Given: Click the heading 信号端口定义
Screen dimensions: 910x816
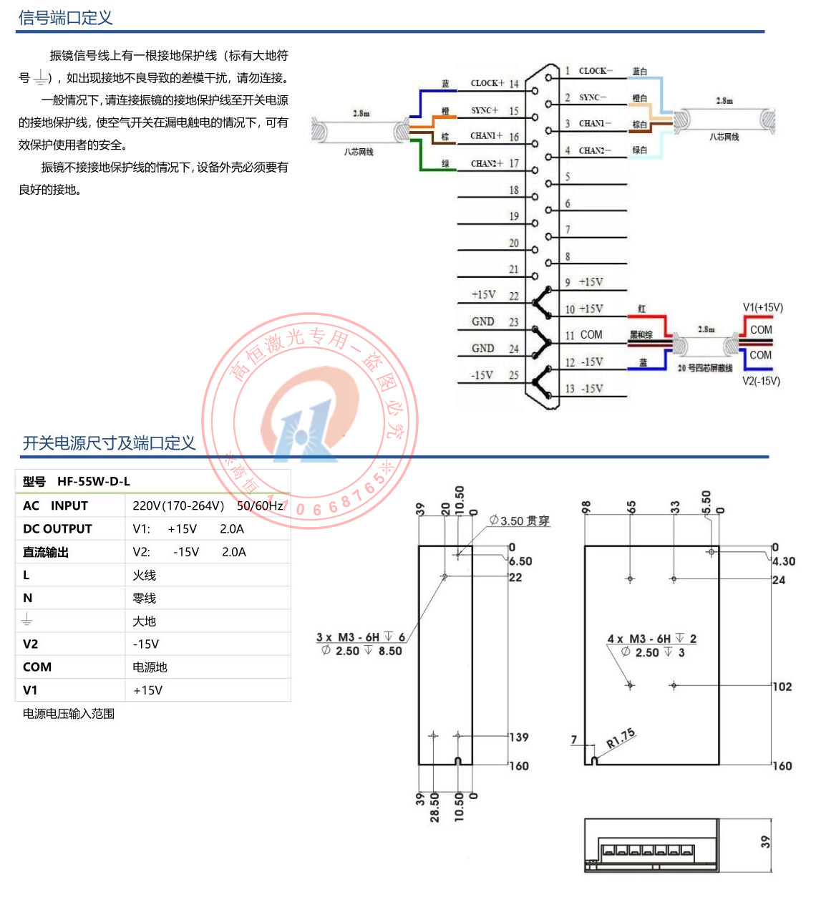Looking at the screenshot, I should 65,18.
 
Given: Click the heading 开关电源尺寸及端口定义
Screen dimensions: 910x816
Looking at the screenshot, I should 109,443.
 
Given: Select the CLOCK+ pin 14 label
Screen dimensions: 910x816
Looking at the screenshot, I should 495,83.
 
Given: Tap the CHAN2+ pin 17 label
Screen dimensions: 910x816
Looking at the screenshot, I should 495,163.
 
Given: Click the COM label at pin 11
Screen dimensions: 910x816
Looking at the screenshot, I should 591,335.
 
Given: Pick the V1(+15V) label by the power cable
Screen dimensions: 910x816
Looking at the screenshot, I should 762,308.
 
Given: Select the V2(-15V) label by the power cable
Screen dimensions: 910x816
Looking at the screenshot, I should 761,381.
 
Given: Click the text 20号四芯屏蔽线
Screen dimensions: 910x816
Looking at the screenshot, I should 704,368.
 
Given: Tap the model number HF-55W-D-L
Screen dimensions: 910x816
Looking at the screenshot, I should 94,482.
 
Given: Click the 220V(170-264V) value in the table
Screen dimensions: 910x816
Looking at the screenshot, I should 178,506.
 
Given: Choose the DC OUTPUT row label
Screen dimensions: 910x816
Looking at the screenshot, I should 57,529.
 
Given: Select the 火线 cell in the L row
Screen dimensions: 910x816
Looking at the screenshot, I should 144,575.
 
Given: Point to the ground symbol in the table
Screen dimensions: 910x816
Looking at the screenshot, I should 27,620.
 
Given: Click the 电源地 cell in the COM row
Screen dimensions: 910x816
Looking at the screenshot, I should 150,667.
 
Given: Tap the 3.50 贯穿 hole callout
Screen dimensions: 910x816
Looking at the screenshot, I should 520,521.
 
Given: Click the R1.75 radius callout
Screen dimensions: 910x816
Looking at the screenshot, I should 621,738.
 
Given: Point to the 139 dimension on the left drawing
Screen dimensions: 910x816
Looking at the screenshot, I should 519,737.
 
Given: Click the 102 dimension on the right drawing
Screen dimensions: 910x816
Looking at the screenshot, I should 782,687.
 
